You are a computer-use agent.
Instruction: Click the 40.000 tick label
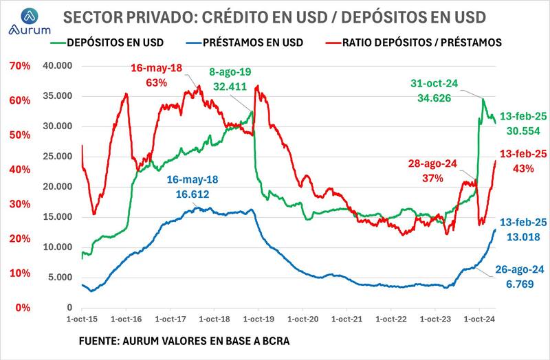click(59, 66)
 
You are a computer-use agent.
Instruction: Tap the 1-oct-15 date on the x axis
click(83, 319)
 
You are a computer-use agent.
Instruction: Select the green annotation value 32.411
click(231, 87)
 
